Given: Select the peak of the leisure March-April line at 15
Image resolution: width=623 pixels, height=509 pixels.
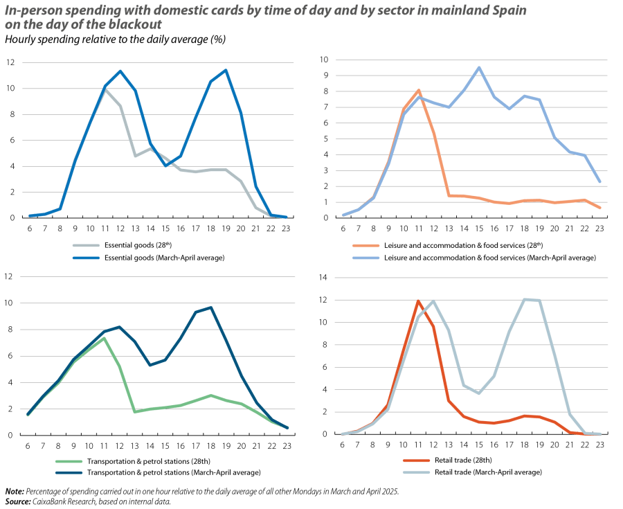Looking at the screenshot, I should [478, 67].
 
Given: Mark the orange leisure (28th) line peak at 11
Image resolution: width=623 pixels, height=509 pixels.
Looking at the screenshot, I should [419, 90].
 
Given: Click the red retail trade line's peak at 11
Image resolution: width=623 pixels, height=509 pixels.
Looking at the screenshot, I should [418, 301].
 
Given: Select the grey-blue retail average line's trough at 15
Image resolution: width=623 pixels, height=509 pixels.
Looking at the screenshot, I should [478, 393].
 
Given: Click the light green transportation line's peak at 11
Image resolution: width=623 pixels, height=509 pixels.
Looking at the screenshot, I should [103, 338].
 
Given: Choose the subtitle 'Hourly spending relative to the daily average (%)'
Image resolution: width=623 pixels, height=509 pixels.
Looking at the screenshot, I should [115, 39].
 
